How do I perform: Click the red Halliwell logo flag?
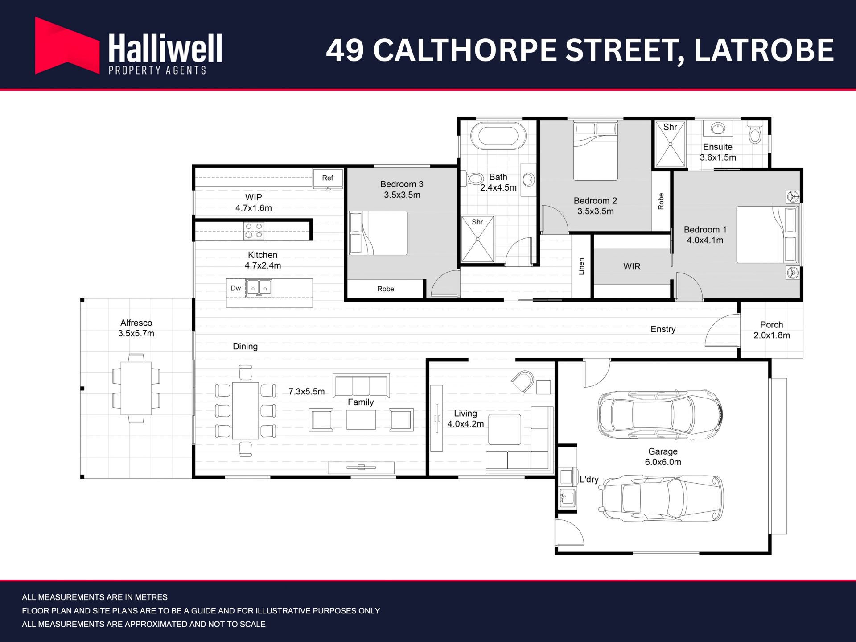click(x=67, y=46)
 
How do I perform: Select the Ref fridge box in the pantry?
click(x=328, y=178)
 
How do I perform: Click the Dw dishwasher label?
click(x=235, y=288)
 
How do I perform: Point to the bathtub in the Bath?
click(x=498, y=136)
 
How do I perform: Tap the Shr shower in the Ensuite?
click(x=670, y=144)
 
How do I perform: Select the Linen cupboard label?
click(x=581, y=266)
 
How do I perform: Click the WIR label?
click(x=632, y=267)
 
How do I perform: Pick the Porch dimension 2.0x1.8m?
click(x=772, y=335)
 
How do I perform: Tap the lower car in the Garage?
click(x=663, y=498)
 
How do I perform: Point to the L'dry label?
click(x=589, y=480)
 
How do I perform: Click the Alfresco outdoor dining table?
click(x=136, y=389)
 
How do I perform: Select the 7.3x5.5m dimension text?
click(x=306, y=392)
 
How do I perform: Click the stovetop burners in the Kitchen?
click(x=254, y=231)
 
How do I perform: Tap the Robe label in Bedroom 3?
click(x=386, y=289)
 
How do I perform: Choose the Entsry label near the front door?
click(x=663, y=329)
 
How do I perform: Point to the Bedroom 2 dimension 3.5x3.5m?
click(x=596, y=211)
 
